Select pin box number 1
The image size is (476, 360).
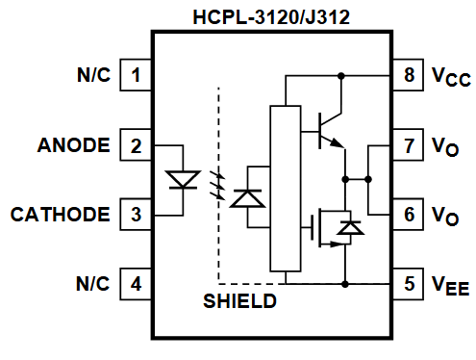(137, 74)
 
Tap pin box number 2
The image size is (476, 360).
(137, 145)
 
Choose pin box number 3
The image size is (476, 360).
(137, 214)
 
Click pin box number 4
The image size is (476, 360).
(137, 285)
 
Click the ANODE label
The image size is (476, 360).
(73, 146)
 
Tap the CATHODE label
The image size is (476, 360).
(60, 215)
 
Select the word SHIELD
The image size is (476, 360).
(240, 302)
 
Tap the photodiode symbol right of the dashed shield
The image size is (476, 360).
(249, 197)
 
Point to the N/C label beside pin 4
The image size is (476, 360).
(94, 286)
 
